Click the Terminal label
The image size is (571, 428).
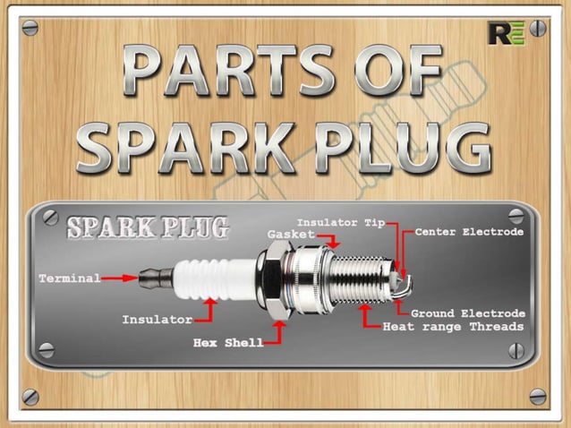coord(69,278)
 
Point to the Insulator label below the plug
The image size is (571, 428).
coord(157,320)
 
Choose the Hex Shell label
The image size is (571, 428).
coord(228,342)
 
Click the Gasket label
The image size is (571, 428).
coord(291,234)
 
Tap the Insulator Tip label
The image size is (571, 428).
coord(340,221)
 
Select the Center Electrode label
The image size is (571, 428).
coord(470,232)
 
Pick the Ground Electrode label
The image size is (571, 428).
coord(468,313)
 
